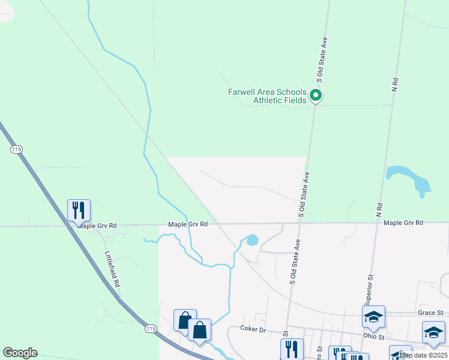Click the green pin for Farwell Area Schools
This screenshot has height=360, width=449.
(x=316, y=95)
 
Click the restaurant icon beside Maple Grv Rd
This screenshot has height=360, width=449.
(x=79, y=210)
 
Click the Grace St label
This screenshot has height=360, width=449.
(x=430, y=313)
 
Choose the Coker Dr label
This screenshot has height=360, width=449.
(x=253, y=329)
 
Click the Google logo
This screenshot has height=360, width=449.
(x=20, y=353)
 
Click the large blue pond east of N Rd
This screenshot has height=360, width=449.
(x=410, y=180)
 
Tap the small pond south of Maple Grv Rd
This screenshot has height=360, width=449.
(x=252, y=241)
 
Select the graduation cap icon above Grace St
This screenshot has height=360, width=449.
(x=373, y=316)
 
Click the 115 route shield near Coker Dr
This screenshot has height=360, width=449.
(x=151, y=329)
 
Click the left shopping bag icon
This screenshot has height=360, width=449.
(x=185, y=320)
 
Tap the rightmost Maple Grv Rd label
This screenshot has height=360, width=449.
(x=403, y=223)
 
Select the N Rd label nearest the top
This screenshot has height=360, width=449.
(x=395, y=83)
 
